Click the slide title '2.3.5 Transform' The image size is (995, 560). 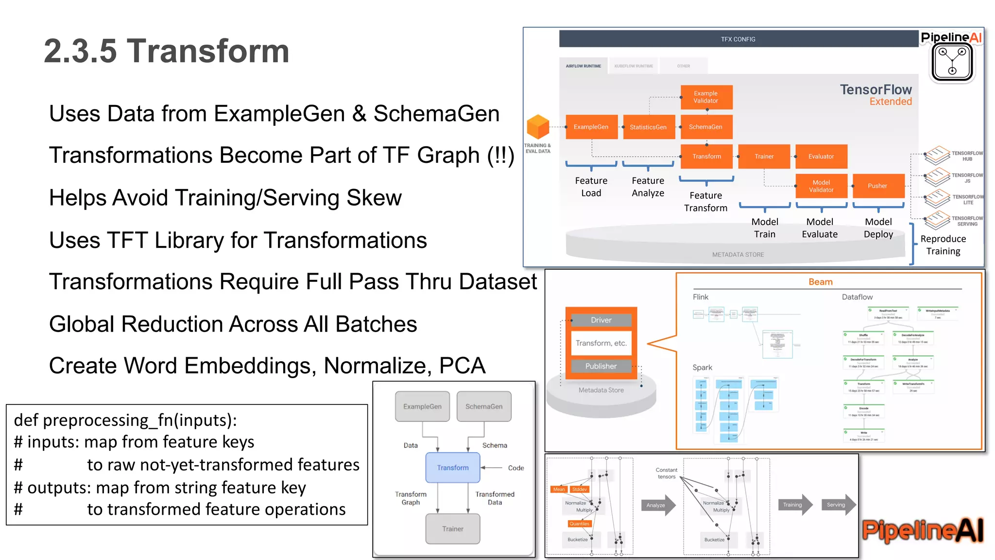[166, 51]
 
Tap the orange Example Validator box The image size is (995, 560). [706, 97]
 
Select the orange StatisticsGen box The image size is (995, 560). [649, 127]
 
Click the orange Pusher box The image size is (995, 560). [878, 186]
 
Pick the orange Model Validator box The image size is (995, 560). [821, 186]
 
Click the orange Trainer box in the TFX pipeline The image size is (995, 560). [764, 157]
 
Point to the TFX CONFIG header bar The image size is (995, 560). [738, 39]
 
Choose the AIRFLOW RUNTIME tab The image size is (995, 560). [583, 66]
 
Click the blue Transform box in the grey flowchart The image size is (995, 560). [453, 468]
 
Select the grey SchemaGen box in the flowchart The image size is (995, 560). [484, 406]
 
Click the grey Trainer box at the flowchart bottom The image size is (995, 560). [453, 529]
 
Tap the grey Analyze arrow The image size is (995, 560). [657, 505]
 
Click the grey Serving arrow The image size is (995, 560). [837, 505]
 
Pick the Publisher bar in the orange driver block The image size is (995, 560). [601, 366]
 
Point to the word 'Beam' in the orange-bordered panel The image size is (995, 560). [820, 282]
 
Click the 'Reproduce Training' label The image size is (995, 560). [943, 245]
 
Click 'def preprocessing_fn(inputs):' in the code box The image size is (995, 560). [125, 420]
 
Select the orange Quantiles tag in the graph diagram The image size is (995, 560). [579, 524]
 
